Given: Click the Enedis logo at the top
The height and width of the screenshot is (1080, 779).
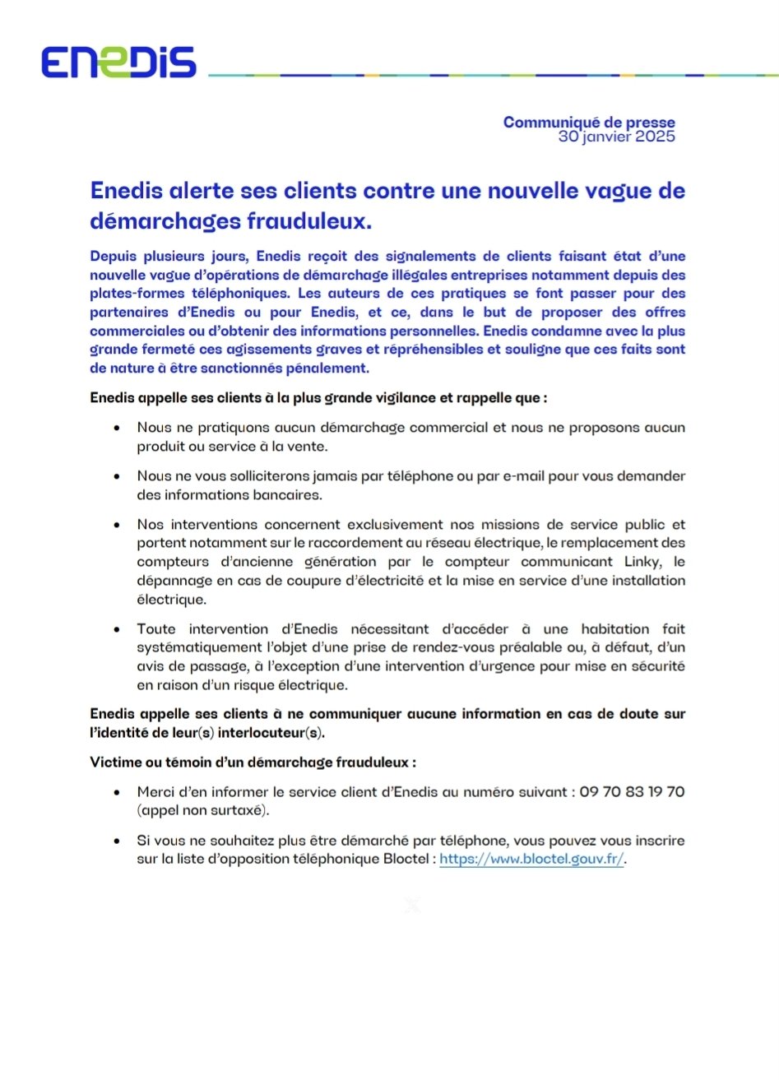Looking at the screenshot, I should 119,63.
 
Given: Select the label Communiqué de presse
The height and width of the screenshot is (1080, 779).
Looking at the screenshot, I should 589,123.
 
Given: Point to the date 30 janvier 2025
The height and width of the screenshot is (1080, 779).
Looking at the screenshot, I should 616,137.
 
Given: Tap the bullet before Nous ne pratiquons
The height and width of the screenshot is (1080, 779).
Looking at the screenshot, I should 120,429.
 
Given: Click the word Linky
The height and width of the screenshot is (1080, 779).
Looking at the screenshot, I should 642,562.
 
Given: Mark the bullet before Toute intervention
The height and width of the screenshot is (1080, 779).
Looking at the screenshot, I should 120,629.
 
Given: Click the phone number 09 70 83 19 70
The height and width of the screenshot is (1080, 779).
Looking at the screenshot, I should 632,792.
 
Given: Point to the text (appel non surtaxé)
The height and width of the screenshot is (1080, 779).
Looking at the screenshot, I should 203,810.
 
